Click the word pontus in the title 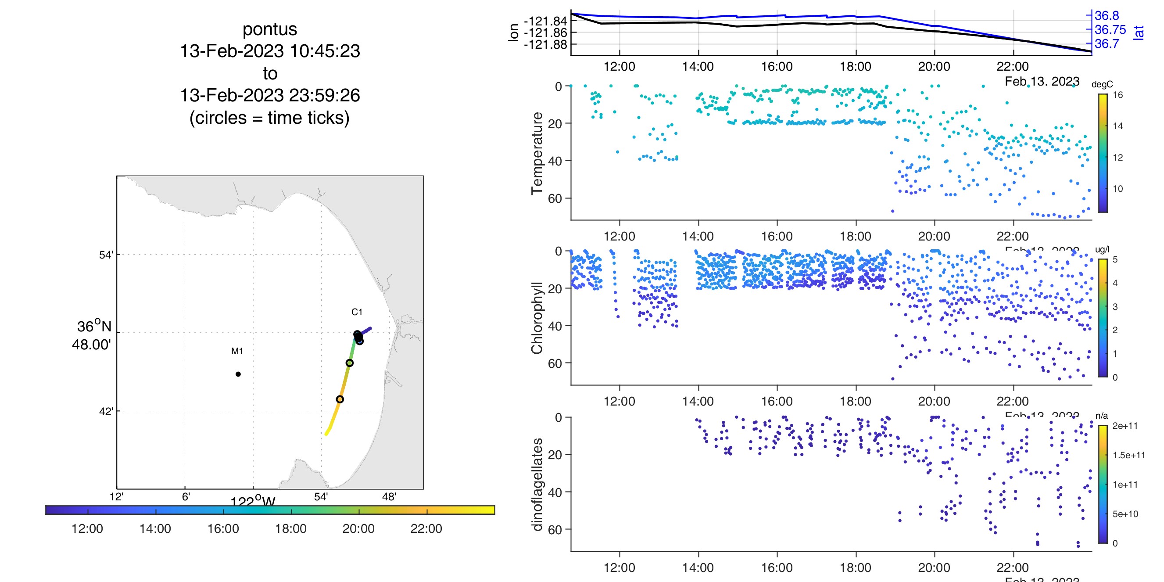[270, 29]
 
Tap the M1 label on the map [237, 351]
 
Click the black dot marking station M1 [238, 374]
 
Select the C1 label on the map [357, 312]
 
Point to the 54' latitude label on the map [106, 255]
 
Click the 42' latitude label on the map [106, 412]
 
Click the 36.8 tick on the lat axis [1107, 16]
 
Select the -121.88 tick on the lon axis [545, 44]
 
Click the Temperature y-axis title [537, 154]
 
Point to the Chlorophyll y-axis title [537, 318]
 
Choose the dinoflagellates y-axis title [537, 485]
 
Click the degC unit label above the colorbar [1102, 85]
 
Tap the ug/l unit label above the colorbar [1102, 249]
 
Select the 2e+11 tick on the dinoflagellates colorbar [1125, 426]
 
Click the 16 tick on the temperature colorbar [1118, 95]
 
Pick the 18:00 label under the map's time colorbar [290, 529]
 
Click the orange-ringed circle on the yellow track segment [340, 399]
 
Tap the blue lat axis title [1139, 32]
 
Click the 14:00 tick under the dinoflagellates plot [698, 568]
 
